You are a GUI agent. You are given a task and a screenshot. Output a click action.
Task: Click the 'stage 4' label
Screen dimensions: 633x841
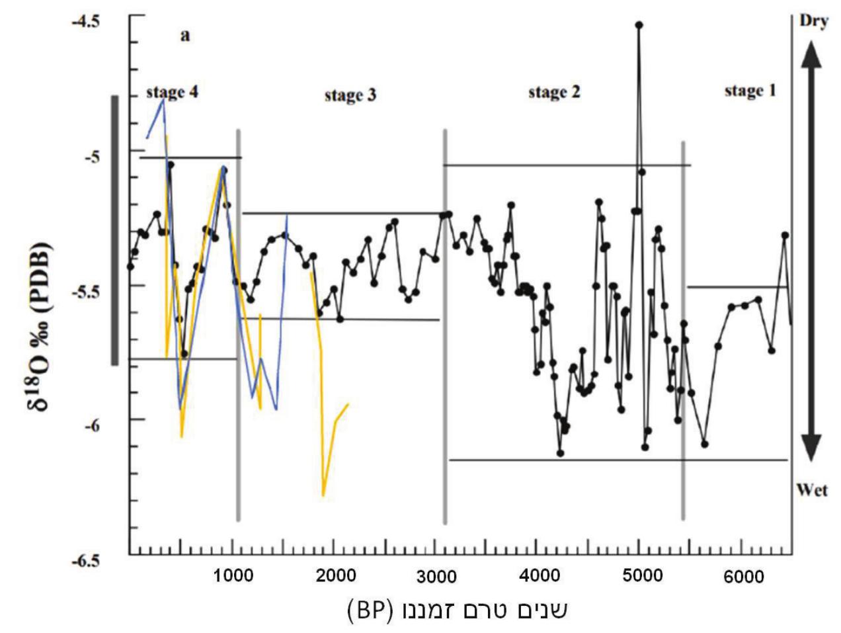pyautogui.click(x=172, y=93)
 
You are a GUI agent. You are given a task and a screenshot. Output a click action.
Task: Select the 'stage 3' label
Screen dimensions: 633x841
pyautogui.click(x=350, y=96)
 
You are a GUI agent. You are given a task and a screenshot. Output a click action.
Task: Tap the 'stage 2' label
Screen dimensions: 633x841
pyautogui.click(x=554, y=93)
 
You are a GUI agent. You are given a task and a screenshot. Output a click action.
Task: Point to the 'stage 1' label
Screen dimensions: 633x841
pyautogui.click(x=750, y=91)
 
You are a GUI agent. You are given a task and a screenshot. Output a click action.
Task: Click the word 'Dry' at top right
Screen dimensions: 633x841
pyautogui.click(x=814, y=21)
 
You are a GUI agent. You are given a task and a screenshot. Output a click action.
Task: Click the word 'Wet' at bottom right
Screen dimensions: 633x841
pyautogui.click(x=812, y=490)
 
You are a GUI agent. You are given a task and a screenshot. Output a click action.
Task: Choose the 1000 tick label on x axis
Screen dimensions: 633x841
pyautogui.click(x=232, y=575)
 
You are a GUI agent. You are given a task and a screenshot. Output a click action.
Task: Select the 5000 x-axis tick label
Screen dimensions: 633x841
pyautogui.click(x=643, y=575)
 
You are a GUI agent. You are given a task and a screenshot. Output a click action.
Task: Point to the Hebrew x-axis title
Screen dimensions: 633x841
pyautogui.click(x=456, y=609)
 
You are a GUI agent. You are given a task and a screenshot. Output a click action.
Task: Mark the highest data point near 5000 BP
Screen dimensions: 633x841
pyautogui.click(x=639, y=25)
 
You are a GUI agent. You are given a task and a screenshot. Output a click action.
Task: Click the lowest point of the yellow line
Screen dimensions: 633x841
pyautogui.click(x=323, y=495)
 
